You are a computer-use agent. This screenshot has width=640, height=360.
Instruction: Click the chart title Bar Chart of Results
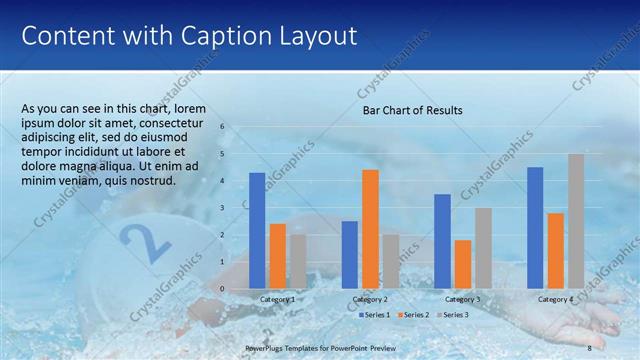click(x=412, y=110)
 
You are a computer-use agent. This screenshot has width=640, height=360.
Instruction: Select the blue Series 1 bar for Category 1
click(x=257, y=230)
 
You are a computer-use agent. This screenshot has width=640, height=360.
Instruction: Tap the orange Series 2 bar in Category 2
click(x=370, y=229)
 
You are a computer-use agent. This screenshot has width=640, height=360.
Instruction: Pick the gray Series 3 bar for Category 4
click(x=576, y=221)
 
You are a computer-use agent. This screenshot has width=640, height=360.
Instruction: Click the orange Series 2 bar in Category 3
click(x=462, y=264)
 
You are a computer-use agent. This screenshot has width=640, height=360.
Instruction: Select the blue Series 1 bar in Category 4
click(x=535, y=227)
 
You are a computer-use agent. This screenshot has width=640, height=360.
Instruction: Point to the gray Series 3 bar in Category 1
click(x=298, y=261)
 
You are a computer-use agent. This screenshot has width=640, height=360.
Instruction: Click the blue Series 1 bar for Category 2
click(x=349, y=254)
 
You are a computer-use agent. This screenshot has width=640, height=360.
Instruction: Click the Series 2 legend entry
click(x=412, y=315)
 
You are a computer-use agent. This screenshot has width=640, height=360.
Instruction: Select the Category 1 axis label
click(x=277, y=299)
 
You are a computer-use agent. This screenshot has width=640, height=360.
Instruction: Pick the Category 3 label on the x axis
click(x=462, y=299)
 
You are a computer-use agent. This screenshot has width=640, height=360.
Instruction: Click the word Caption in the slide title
click(x=213, y=36)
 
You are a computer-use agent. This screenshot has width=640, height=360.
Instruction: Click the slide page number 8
click(x=590, y=347)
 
